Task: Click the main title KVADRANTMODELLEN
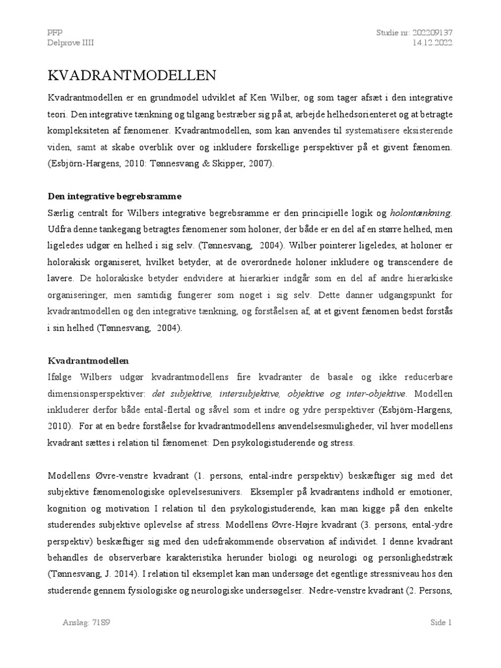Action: tap(131, 75)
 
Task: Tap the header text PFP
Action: tap(55, 32)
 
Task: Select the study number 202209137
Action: tap(428, 32)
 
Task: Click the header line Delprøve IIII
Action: tap(71, 43)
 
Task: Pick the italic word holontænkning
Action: tap(420, 213)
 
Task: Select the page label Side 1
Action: tap(441, 622)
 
